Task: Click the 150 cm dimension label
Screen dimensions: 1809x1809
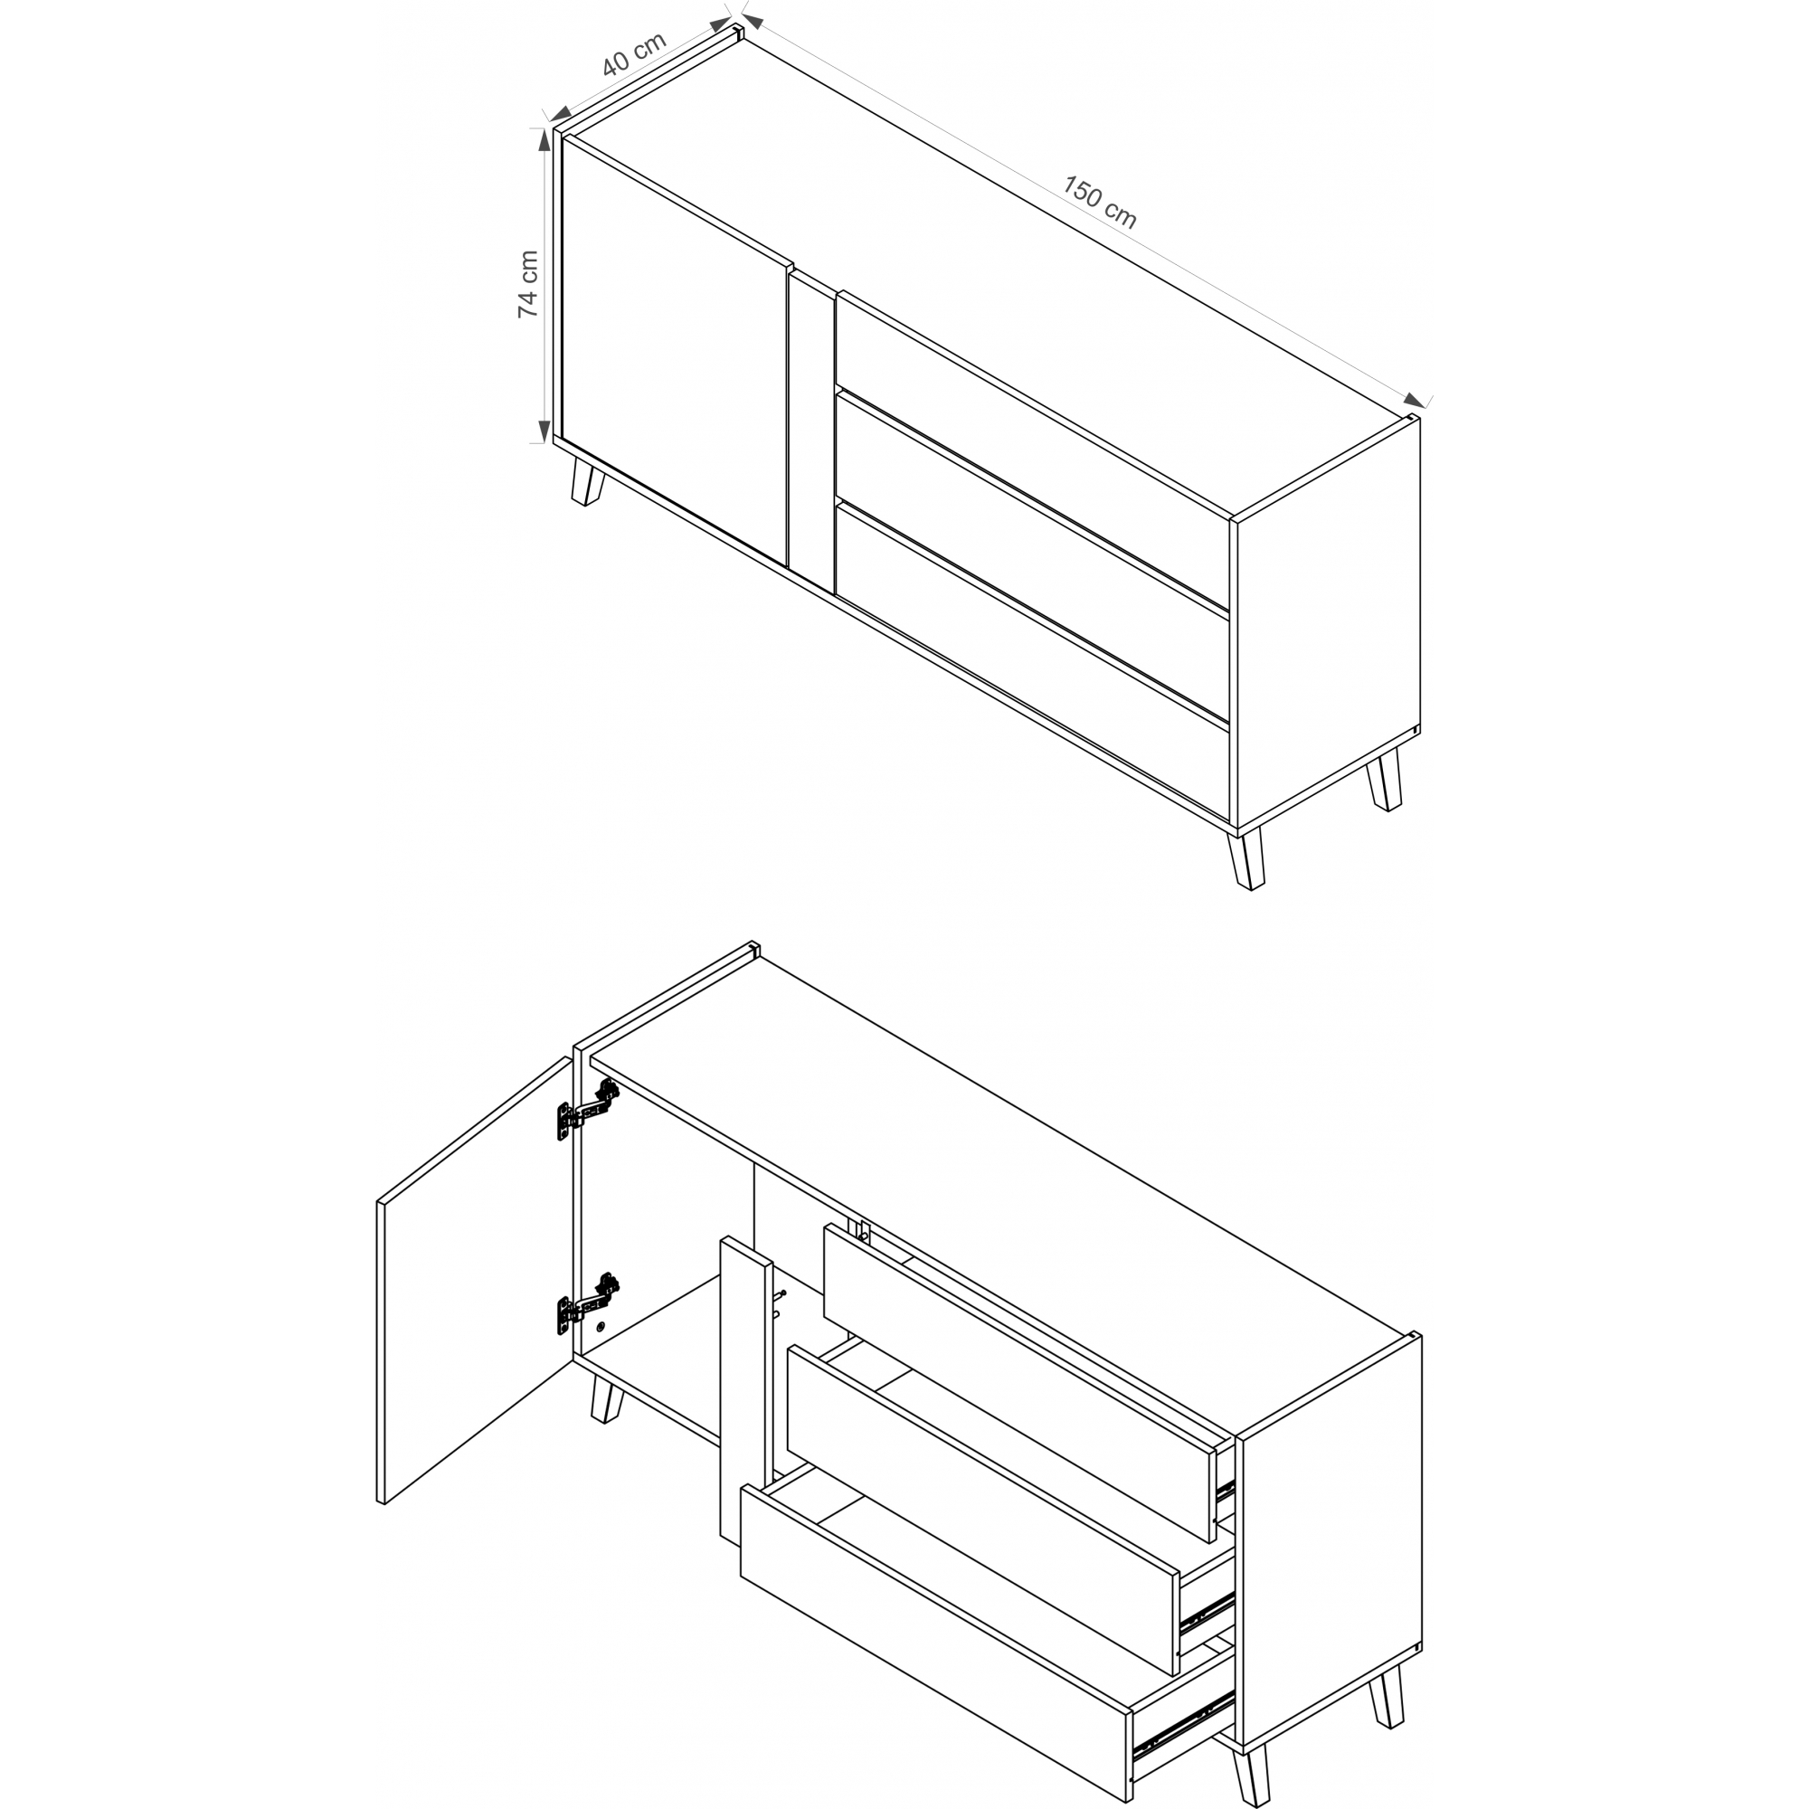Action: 1099,203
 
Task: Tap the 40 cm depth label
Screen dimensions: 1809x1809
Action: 634,54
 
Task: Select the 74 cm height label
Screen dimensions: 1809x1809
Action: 528,284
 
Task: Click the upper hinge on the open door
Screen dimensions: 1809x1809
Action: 588,1109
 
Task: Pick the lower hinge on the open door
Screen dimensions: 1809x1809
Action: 588,1302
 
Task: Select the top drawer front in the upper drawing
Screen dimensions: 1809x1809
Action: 1032,451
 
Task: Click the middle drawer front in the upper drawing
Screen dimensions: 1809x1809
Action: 1032,557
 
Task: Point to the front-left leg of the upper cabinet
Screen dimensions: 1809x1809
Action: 588,478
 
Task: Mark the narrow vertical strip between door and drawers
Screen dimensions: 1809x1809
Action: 812,433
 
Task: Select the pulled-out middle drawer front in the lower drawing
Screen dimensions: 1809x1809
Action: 983,1511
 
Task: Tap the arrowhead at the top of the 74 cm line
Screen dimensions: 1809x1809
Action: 542,139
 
